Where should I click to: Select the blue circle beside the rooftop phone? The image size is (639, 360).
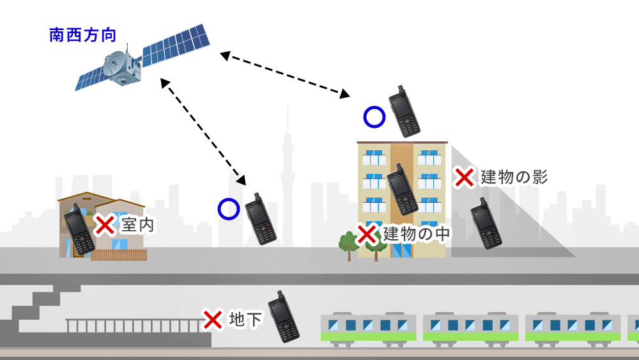pos(374,117)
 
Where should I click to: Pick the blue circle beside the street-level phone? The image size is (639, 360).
pos(228,209)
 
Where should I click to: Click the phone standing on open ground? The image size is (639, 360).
pos(261,219)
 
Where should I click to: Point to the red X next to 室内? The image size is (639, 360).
pos(105,224)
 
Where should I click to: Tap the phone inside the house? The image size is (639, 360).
pos(79,229)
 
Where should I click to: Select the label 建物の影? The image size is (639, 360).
pos(514,177)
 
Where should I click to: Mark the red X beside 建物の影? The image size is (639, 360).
pos(464,177)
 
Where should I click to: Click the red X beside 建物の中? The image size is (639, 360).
pos(367,234)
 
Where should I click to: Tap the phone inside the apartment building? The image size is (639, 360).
pos(403,189)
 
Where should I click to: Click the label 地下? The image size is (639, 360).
pos(245,319)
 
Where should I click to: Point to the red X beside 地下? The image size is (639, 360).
pos(212,319)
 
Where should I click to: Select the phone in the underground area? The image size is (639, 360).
pos(284,317)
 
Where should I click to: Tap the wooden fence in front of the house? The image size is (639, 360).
pos(119,254)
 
